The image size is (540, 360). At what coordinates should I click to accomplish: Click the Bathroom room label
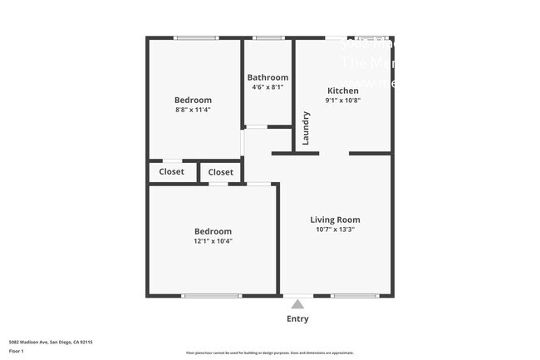pos(268,77)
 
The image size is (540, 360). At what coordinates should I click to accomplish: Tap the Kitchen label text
pos(342,91)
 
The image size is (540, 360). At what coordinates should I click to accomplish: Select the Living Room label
pos(335,219)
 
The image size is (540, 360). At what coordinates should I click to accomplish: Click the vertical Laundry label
pos(306,128)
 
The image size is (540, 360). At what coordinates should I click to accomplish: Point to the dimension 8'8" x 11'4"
pos(193,109)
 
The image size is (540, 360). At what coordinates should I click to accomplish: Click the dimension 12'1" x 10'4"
pos(213,241)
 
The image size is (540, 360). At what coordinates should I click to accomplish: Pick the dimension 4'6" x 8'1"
pos(268,86)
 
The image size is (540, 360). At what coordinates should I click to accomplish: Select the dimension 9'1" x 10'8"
pos(342,101)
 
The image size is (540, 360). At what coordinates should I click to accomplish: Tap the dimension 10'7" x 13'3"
pos(335,229)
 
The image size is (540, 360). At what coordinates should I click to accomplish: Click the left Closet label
pos(172,172)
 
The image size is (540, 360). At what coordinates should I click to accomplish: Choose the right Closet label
pos(220,172)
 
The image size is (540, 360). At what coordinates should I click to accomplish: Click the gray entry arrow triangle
pos(297,304)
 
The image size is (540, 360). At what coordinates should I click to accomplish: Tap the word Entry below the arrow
pos(297,318)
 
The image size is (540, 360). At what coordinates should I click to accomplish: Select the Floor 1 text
pos(17,351)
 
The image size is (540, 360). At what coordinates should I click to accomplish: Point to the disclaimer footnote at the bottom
pos(269,353)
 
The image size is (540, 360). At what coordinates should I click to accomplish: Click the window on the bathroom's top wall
pos(268,37)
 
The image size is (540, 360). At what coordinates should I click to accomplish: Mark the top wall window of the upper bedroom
pos(196,37)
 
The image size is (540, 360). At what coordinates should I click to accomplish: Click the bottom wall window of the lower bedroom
pos(212,295)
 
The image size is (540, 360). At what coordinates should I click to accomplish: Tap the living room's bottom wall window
pos(354,295)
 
